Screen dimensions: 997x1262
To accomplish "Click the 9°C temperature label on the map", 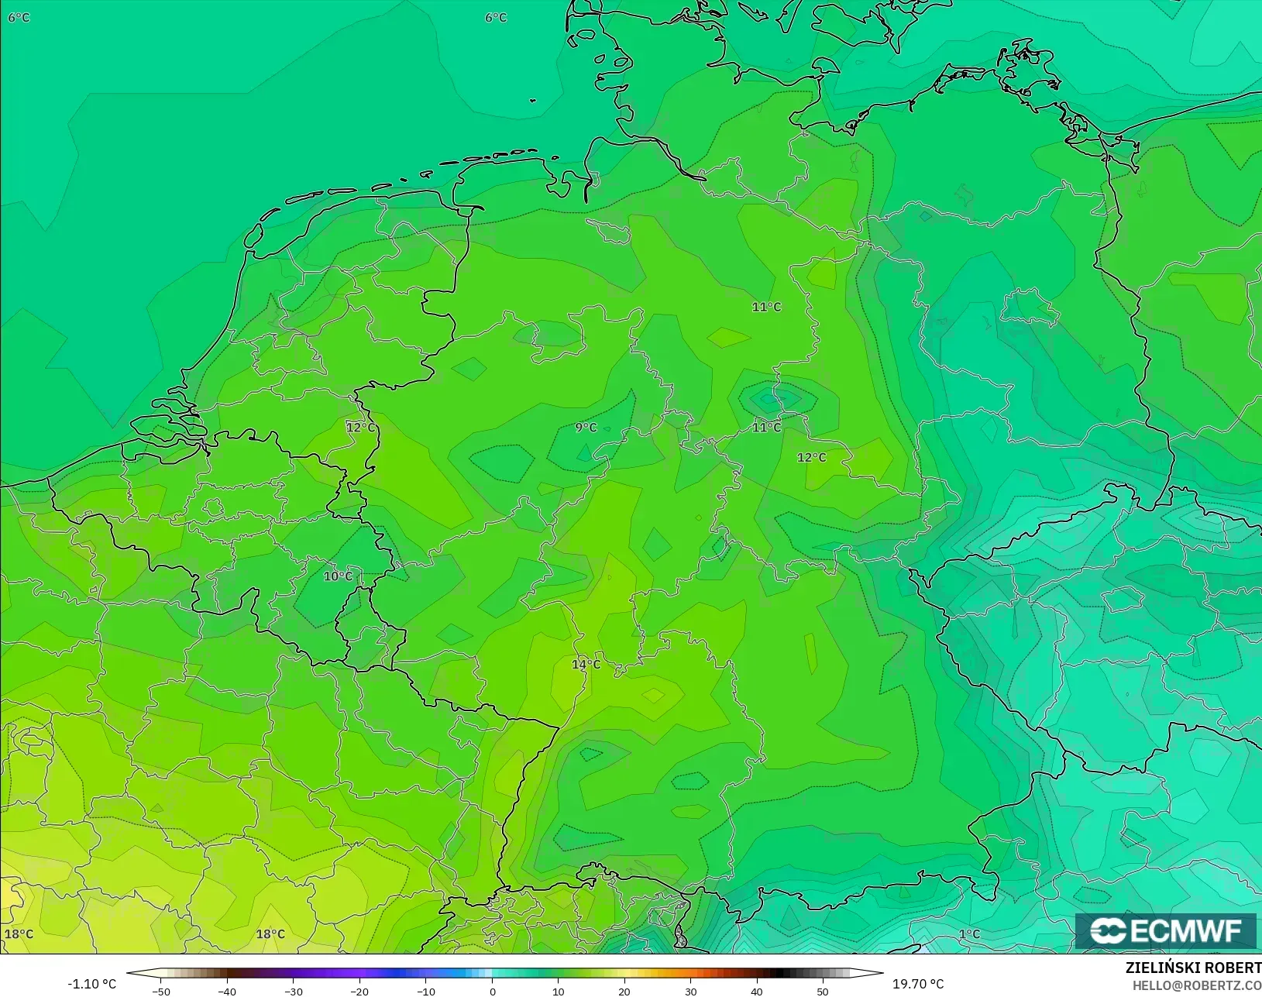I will [586, 428].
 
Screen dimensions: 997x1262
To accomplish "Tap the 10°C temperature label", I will [338, 576].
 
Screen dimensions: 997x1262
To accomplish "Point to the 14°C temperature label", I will [586, 665].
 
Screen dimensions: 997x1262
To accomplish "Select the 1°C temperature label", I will [970, 934].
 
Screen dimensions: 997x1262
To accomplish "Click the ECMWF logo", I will [1165, 931].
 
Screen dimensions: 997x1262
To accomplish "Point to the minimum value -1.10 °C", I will [91, 984].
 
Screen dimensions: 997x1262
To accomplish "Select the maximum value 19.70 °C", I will [918, 984].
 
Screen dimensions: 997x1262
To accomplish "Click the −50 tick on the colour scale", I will [161, 991].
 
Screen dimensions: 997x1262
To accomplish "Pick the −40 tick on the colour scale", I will [227, 991].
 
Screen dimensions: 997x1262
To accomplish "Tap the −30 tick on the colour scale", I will [293, 991].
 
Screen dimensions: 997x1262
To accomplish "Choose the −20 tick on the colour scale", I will [359, 991].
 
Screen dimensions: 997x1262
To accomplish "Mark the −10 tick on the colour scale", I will [425, 991].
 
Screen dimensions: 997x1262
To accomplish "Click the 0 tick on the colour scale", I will [493, 991].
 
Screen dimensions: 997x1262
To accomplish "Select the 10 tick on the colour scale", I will [559, 991].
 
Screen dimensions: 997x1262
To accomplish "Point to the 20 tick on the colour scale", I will [624, 991].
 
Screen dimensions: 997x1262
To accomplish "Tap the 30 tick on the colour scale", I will [691, 991].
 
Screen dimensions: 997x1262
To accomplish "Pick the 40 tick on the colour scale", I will [757, 991].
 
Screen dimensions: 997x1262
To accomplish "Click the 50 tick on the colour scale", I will [823, 991].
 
